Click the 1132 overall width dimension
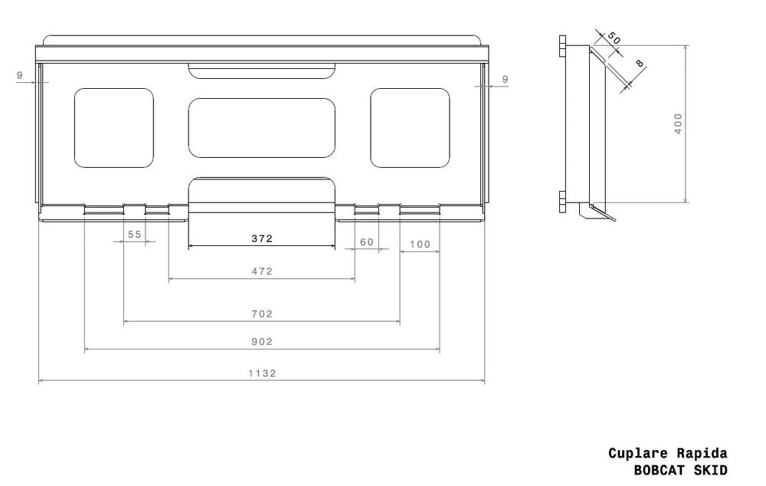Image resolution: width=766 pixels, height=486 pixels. tap(262, 373)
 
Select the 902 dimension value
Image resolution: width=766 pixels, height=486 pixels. tap(262, 342)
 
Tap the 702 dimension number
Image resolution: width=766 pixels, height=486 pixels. tap(262, 314)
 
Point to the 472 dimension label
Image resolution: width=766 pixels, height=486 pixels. tap(262, 271)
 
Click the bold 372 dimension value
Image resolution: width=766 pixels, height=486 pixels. tap(262, 238)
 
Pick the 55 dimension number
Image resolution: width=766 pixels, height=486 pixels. tap(134, 235)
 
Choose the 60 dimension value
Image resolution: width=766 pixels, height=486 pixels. tap(367, 242)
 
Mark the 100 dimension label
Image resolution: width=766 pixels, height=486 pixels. tap(420, 245)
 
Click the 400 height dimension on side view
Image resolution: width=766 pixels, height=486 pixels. tap(678, 123)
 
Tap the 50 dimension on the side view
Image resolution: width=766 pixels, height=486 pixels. tap(614, 38)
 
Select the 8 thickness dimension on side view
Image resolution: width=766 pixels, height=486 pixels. tap(640, 64)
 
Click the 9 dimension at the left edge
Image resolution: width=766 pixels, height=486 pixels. tap(20, 75)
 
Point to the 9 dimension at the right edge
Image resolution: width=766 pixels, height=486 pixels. tap(505, 79)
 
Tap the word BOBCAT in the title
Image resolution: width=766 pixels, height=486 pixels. tap(660, 471)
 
